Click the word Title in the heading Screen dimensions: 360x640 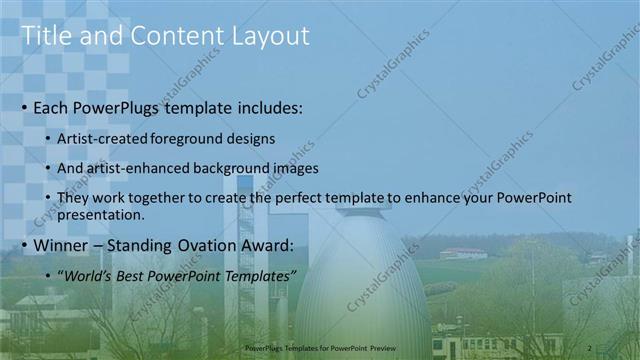[43, 37]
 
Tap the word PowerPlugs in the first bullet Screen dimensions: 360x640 [126, 107]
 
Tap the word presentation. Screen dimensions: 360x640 [101, 214]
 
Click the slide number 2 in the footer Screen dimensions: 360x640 [590, 346]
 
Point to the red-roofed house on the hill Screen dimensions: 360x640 [462, 253]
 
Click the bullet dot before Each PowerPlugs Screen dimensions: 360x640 [24, 107]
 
